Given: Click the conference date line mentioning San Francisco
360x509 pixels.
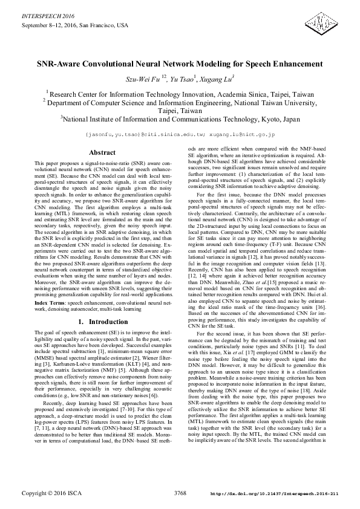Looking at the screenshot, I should [x=75, y=26].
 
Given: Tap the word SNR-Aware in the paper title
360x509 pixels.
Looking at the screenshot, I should [x=62, y=63].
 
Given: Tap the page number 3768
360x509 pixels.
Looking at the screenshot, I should [x=180, y=494].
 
